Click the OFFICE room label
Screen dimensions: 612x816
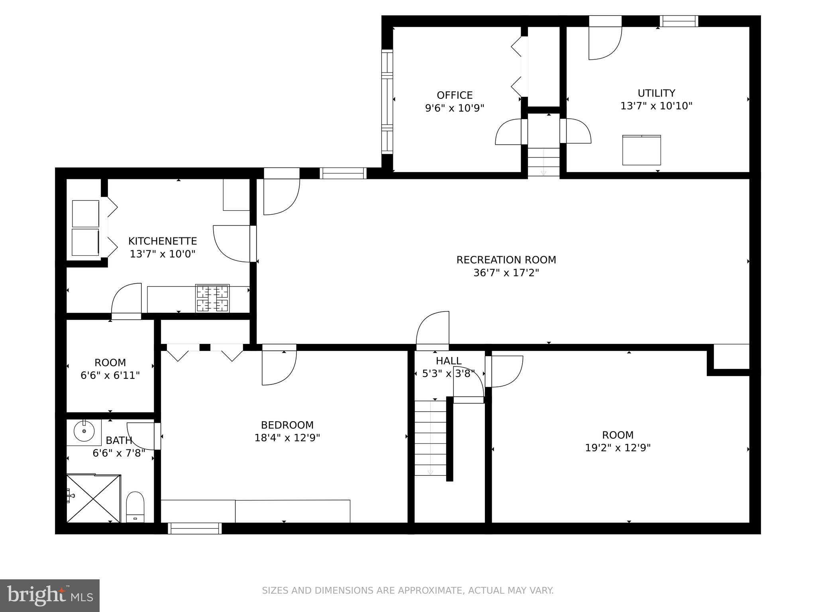pyautogui.click(x=455, y=95)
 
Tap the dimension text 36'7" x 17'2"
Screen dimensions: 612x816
pyautogui.click(x=506, y=273)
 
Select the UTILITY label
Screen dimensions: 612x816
pyautogui.click(x=656, y=93)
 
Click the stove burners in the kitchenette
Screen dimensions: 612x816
pyautogui.click(x=212, y=298)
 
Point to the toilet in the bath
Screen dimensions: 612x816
pyautogui.click(x=135, y=507)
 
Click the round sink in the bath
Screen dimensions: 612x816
pyautogui.click(x=84, y=431)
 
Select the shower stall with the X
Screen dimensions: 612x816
pyautogui.click(x=93, y=498)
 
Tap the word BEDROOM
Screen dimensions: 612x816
pyautogui.click(x=287, y=425)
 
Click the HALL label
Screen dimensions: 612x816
pyautogui.click(x=448, y=361)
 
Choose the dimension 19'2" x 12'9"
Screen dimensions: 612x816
pyautogui.click(x=618, y=448)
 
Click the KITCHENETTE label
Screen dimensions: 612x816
pyautogui.click(x=163, y=241)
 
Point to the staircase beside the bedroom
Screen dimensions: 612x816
pyautogui.click(x=430, y=438)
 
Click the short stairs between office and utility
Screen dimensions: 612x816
pyautogui.click(x=544, y=161)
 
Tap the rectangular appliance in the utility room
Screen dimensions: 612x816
pyautogui.click(x=641, y=150)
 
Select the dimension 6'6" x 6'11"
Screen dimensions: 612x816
pyautogui.click(x=110, y=375)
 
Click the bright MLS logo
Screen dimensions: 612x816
pyautogui.click(x=50, y=596)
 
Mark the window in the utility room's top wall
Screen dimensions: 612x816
pyautogui.click(x=679, y=21)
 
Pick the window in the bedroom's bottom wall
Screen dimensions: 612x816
pyautogui.click(x=195, y=528)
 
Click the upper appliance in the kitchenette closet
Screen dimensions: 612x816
pyautogui.click(x=85, y=214)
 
